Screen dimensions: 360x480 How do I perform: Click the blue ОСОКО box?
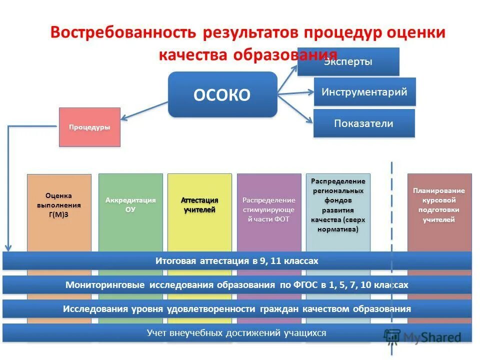(x=222, y=94)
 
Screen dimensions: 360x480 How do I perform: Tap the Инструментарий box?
(x=364, y=92)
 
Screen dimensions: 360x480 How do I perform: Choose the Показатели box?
(x=364, y=123)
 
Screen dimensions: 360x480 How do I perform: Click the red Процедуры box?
(x=89, y=127)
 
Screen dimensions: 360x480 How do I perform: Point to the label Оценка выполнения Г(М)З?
(x=59, y=205)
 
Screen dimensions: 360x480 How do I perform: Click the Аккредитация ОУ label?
(x=130, y=205)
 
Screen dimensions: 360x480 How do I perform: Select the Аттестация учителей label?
(x=199, y=205)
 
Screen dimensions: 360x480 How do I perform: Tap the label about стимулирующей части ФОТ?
(x=269, y=209)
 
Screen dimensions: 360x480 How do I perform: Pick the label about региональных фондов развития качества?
(x=338, y=205)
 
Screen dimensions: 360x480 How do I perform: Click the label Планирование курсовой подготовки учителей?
(x=439, y=205)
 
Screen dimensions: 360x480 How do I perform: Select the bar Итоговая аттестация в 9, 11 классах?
(x=237, y=261)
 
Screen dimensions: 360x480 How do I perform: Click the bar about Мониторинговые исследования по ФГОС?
(x=237, y=285)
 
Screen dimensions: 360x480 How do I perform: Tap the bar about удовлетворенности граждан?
(x=237, y=309)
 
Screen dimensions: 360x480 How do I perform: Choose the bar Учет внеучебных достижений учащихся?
(x=237, y=332)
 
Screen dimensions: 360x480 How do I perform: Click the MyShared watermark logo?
(x=423, y=337)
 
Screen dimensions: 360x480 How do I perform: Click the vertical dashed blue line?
(x=391, y=210)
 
